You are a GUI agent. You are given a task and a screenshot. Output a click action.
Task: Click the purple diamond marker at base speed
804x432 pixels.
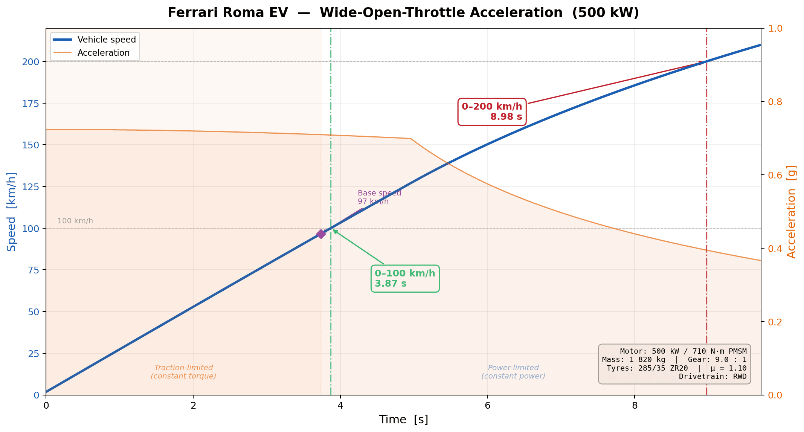pyautogui.click(x=321, y=234)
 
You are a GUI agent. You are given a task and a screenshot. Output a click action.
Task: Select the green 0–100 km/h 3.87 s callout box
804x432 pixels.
pyautogui.click(x=405, y=278)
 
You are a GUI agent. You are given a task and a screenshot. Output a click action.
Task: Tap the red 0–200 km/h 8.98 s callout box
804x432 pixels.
pyautogui.click(x=492, y=111)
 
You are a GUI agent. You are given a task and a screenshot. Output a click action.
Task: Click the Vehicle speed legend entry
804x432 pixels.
pyautogui.click(x=106, y=40)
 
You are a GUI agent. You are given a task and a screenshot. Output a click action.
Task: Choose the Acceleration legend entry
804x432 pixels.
pyautogui.click(x=103, y=53)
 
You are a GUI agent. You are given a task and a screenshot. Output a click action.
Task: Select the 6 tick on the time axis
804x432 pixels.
pyautogui.click(x=487, y=406)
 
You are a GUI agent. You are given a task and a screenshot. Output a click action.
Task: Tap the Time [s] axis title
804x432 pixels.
pyautogui.click(x=403, y=420)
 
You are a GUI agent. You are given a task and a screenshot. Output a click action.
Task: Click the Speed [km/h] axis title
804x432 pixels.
pyautogui.click(x=12, y=212)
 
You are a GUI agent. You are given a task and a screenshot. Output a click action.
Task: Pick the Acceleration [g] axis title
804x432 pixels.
pyautogui.click(x=792, y=212)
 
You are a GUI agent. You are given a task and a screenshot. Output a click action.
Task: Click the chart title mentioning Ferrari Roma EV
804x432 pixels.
pyautogui.click(x=403, y=13)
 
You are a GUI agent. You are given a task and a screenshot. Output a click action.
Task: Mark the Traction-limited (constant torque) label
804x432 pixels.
pyautogui.click(x=183, y=372)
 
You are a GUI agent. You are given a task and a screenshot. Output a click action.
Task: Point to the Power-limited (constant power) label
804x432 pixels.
pyautogui.click(x=513, y=372)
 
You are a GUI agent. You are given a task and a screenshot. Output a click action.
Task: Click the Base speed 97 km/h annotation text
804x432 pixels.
pyautogui.click(x=379, y=197)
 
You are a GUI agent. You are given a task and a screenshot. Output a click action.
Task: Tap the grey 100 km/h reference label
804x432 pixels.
pyautogui.click(x=75, y=221)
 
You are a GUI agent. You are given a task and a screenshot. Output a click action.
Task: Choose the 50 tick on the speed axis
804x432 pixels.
pyautogui.click(x=34, y=311)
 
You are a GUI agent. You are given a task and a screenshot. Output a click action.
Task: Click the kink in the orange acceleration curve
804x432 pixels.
pyautogui.click(x=410, y=139)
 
